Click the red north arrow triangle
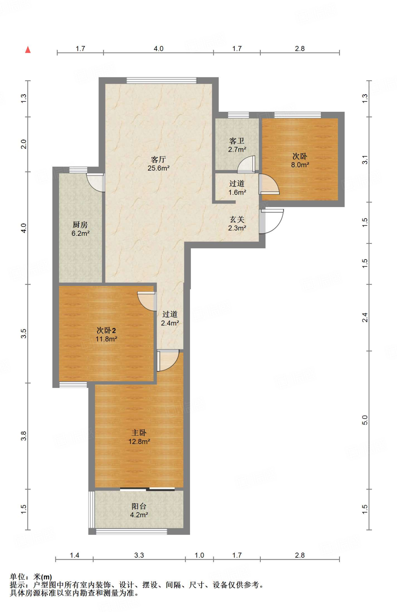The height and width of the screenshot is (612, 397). [28, 50]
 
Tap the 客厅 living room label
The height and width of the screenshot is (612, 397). [158, 159]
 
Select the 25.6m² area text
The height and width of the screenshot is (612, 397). [159, 168]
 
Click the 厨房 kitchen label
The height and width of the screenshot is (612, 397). [80, 224]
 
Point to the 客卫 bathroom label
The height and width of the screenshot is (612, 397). [237, 141]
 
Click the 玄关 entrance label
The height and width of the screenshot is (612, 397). [237, 220]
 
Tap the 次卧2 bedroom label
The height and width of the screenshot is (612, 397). [106, 330]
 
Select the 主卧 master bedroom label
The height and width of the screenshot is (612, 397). [139, 433]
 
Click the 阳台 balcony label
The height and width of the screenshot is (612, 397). [139, 506]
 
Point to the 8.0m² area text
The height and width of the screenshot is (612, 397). [300, 165]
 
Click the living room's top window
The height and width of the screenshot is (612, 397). [161, 80]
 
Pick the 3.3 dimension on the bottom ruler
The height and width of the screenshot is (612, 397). [139, 555]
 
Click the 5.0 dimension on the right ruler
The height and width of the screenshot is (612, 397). [365, 420]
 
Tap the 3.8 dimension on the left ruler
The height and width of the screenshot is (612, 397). [24, 436]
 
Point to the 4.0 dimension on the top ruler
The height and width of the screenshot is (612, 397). [158, 48]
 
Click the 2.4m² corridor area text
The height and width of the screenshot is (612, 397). [170, 323]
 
